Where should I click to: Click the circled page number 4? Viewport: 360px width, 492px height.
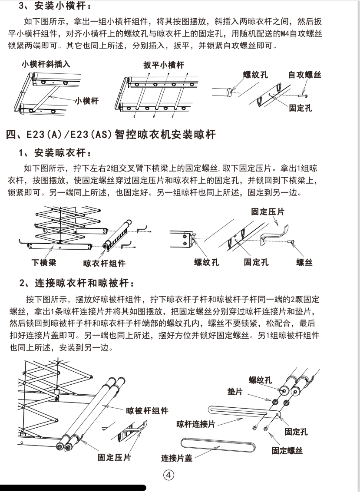tap(168, 475)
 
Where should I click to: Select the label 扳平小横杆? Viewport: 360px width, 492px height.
tap(164, 65)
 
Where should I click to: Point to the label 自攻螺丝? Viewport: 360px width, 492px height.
tap(304, 75)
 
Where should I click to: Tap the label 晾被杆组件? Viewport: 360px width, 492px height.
tap(147, 410)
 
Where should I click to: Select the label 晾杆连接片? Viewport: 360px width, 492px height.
tap(195, 424)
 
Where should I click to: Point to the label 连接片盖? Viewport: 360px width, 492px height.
tap(177, 458)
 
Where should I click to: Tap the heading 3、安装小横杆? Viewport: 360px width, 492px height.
tap(50, 7)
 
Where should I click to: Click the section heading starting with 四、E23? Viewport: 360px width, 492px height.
tap(111, 135)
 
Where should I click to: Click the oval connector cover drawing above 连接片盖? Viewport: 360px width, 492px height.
tap(217, 445)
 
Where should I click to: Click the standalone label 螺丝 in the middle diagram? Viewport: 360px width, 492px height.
tap(304, 262)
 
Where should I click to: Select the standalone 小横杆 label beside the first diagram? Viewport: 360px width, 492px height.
tap(86, 101)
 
